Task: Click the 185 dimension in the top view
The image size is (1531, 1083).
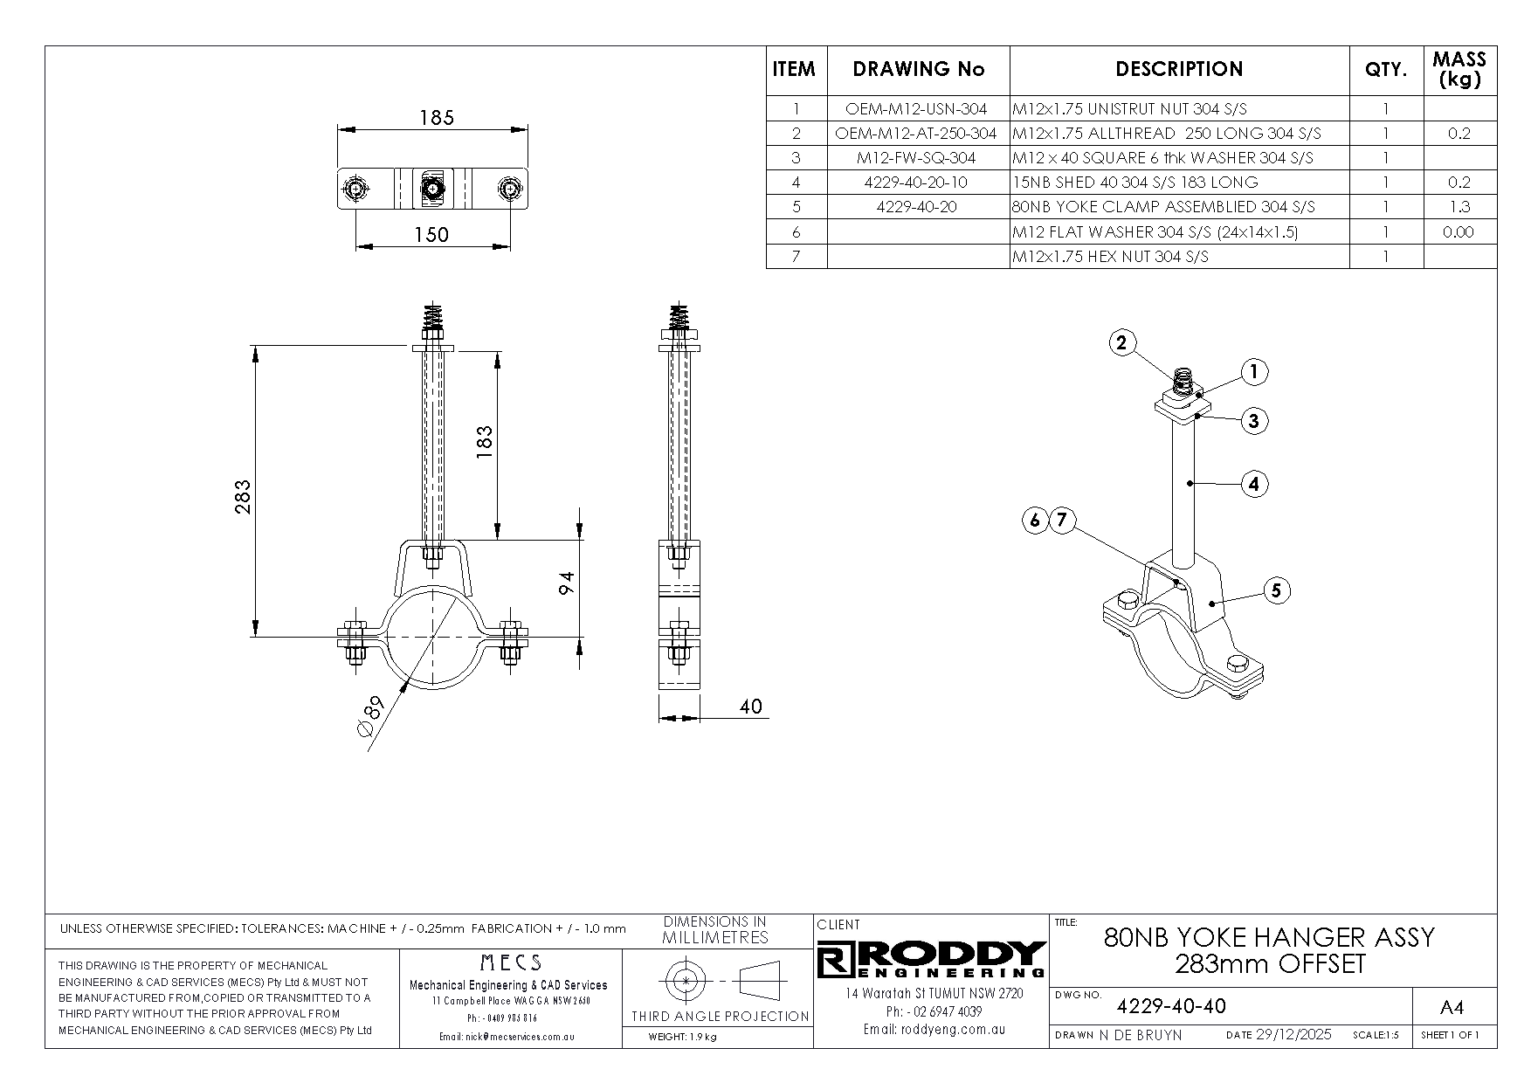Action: coord(437,117)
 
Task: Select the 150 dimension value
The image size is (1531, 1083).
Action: coord(431,234)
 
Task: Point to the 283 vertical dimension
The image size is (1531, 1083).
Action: coord(243,496)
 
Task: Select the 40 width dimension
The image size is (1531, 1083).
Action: coord(750,706)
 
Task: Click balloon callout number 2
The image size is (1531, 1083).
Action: coord(1122,342)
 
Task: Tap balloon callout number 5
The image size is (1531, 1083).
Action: coord(1275,590)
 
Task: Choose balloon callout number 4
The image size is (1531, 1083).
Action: coord(1253,483)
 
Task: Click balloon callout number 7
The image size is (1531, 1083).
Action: coord(1061,521)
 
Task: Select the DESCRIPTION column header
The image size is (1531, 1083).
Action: coord(1179,69)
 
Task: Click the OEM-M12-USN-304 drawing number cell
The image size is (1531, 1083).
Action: coord(916,109)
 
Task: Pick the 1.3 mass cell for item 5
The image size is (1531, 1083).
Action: coord(1459,207)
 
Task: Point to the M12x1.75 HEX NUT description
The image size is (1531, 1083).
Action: coord(1110,257)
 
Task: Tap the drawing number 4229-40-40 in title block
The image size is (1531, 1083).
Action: coord(1171,1006)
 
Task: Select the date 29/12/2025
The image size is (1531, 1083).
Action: coord(1293,1035)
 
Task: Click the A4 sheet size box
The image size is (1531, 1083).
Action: coord(1451,1008)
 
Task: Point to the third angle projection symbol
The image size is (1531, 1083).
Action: coord(716,982)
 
